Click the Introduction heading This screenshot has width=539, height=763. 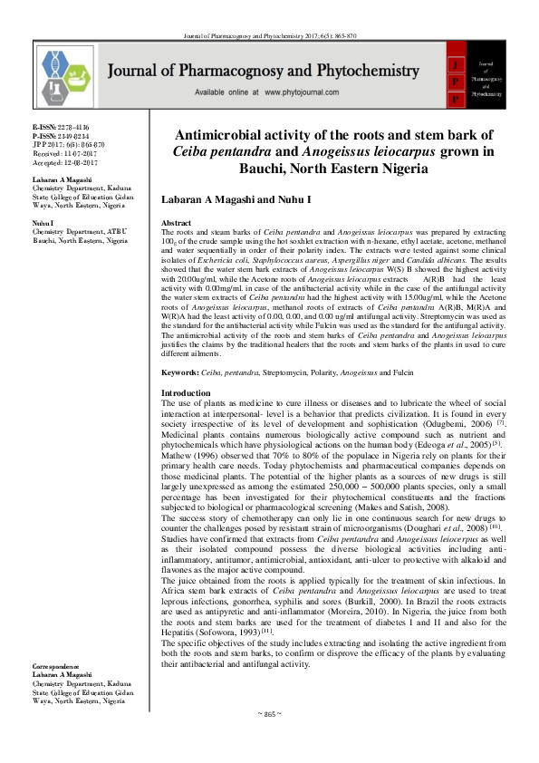pyautogui.click(x=185, y=418)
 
